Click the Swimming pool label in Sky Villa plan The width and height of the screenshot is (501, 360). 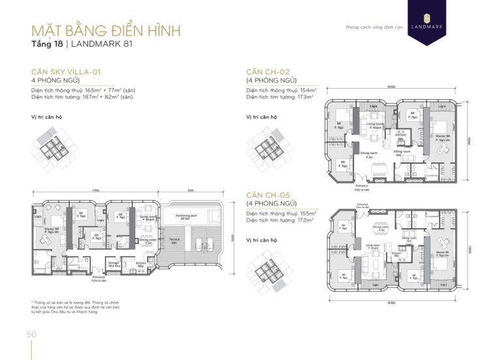coord(190,216)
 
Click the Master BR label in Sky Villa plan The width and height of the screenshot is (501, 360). coord(53,230)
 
